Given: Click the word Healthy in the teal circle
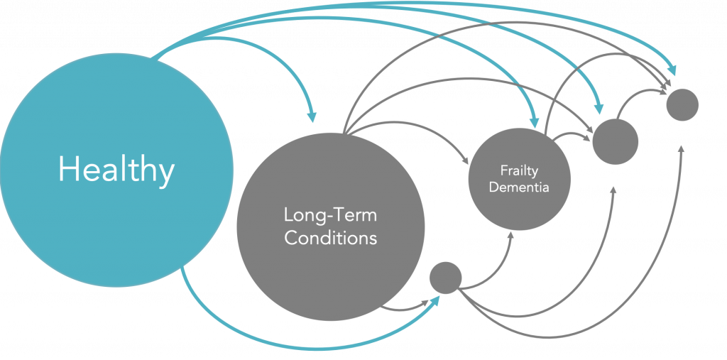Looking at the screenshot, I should pyautogui.click(x=116, y=170).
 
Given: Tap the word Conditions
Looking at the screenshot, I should pyautogui.click(x=330, y=237).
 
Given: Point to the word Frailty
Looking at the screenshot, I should pyautogui.click(x=519, y=171).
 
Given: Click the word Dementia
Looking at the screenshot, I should pyautogui.click(x=520, y=187).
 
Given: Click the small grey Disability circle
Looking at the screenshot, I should pyautogui.click(x=446, y=278).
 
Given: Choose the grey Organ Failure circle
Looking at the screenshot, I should pyautogui.click(x=616, y=141).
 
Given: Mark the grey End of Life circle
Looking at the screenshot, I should pyautogui.click(x=682, y=104).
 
